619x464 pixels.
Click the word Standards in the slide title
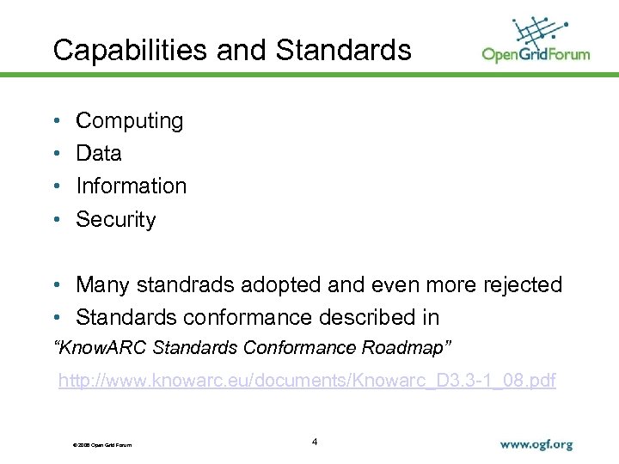click(x=343, y=50)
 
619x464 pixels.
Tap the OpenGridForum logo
click(x=536, y=40)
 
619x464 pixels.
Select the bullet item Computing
click(x=129, y=121)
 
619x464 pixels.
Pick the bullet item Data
click(x=99, y=154)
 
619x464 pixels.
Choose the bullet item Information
click(x=131, y=186)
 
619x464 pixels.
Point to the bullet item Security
click(x=116, y=219)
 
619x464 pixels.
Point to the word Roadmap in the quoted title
click(x=416, y=348)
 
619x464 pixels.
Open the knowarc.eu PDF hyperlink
click(x=307, y=381)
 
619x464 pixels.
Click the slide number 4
click(x=315, y=442)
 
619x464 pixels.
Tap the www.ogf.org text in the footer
click(x=536, y=445)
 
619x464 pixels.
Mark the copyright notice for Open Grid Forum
click(x=98, y=444)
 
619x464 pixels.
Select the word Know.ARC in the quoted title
click(x=95, y=348)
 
